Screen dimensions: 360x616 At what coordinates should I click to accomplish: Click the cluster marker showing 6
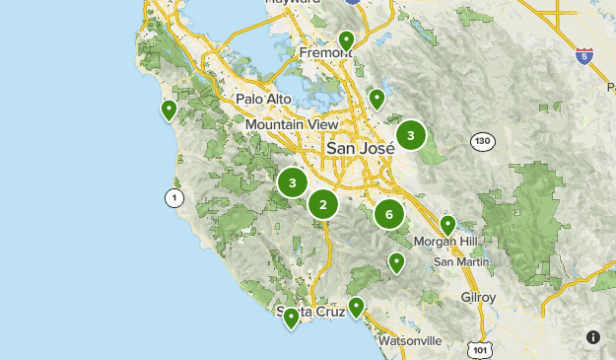click(389, 214)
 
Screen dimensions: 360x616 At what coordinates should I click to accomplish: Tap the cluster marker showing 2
click(322, 204)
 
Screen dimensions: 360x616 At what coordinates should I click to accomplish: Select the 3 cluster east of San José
click(411, 135)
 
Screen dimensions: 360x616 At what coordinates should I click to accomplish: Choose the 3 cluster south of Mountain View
click(292, 182)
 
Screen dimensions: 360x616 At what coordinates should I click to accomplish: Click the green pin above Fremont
click(346, 40)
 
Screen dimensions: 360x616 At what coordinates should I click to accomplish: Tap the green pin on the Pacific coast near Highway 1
click(170, 109)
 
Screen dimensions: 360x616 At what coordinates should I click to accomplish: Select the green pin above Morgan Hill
click(447, 225)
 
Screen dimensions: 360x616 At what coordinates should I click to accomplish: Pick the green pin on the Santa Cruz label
click(291, 318)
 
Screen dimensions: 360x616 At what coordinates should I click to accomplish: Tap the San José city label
click(360, 148)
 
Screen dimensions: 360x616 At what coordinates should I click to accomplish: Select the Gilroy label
click(478, 297)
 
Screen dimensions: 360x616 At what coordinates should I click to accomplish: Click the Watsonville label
click(410, 340)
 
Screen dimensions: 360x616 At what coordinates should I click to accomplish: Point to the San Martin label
click(459, 261)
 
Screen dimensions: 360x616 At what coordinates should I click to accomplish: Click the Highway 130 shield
click(481, 141)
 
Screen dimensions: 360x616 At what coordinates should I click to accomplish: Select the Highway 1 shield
click(174, 198)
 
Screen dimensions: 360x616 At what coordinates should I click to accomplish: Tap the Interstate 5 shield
click(584, 54)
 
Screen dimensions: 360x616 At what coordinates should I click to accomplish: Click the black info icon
click(593, 337)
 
